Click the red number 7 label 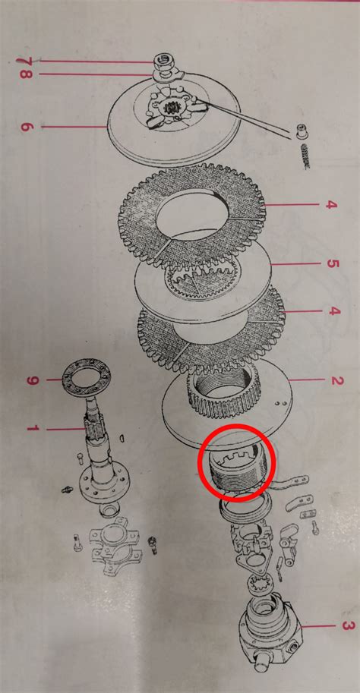pyautogui.click(x=22, y=61)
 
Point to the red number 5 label pyautogui.click(x=333, y=263)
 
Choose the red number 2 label pyautogui.click(x=337, y=380)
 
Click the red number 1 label pyautogui.click(x=33, y=428)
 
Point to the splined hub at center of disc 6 pyautogui.click(x=170, y=107)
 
